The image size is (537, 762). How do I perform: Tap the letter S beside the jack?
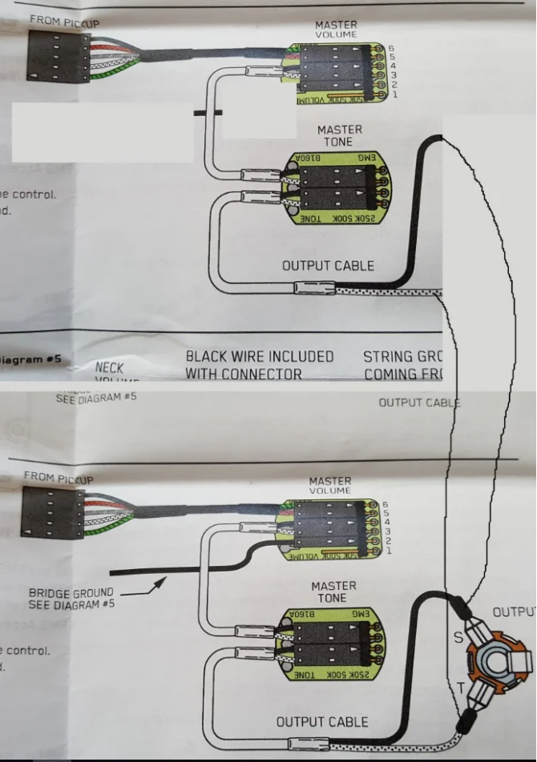[458, 637]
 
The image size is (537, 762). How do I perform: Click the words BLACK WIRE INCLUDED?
[260, 356]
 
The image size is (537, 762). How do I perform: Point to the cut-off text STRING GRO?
[402, 356]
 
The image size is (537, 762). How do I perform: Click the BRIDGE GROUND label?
[71, 593]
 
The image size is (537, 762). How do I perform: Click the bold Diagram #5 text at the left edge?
[30, 359]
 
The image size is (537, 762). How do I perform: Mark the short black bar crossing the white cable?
[209, 114]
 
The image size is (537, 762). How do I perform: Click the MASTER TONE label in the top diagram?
[339, 135]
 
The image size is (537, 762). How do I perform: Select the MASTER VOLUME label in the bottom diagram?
[329, 485]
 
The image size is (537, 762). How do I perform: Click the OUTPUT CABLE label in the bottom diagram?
[322, 722]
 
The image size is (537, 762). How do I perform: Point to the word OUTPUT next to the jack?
[513, 612]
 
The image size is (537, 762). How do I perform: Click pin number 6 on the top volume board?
[392, 49]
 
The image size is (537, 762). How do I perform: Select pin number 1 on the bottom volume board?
[389, 551]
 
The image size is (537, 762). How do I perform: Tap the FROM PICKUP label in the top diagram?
[64, 22]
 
